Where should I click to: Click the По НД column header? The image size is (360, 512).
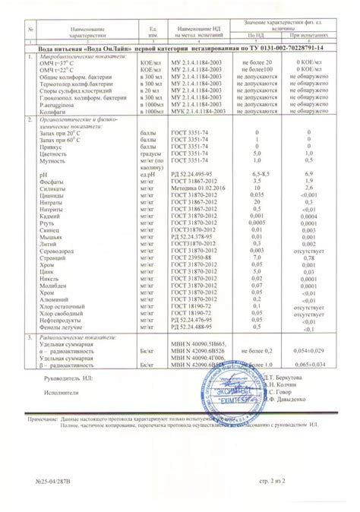tap(257, 36)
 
